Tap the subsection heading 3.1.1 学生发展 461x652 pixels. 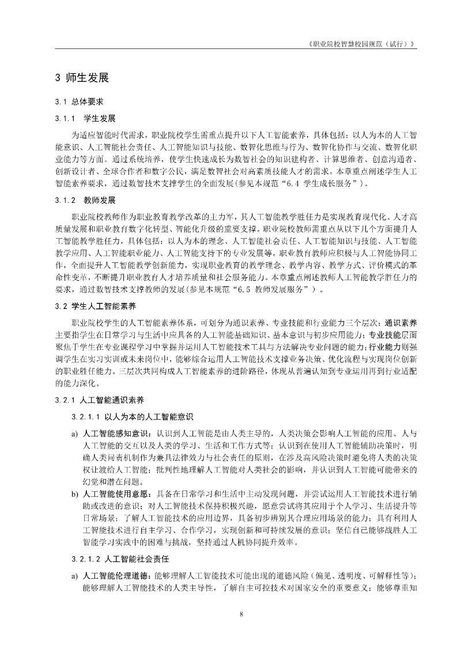pyautogui.click(x=85, y=119)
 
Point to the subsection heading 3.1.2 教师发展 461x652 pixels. pyautogui.click(x=85, y=201)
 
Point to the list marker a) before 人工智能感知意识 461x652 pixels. pyautogui.click(x=74, y=432)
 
